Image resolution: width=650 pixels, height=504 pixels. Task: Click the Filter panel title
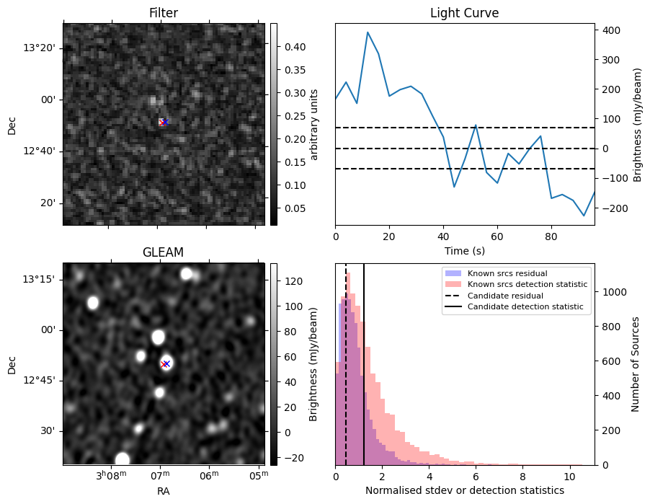coord(163,13)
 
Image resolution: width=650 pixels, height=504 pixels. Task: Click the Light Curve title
coord(464,13)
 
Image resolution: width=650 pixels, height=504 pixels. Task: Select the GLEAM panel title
coord(163,252)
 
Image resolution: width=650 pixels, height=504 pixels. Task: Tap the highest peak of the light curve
coord(368,32)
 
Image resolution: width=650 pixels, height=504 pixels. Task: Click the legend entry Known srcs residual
coord(507,274)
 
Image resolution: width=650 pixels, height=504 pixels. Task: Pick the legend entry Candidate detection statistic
coord(527,307)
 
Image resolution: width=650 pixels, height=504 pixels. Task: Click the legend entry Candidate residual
coord(504,296)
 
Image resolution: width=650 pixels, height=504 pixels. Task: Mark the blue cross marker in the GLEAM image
coord(166,363)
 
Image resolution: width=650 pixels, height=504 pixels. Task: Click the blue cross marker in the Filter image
coord(165,122)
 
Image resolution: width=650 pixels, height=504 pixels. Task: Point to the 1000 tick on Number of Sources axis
coord(613,292)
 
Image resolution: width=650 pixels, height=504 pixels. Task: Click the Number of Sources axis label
coord(636,363)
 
